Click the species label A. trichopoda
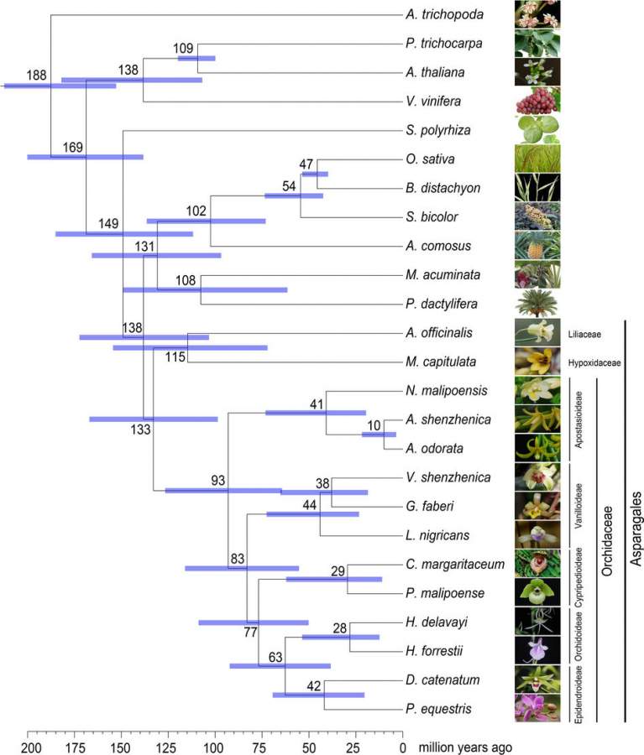click(437, 14)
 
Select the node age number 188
click(36, 75)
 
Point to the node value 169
click(72, 148)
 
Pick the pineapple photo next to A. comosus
click(537, 246)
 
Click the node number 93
click(218, 481)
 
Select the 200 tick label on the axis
click(29, 747)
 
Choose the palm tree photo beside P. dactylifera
click(537, 302)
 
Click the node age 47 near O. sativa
click(306, 164)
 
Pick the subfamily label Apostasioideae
click(579, 418)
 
